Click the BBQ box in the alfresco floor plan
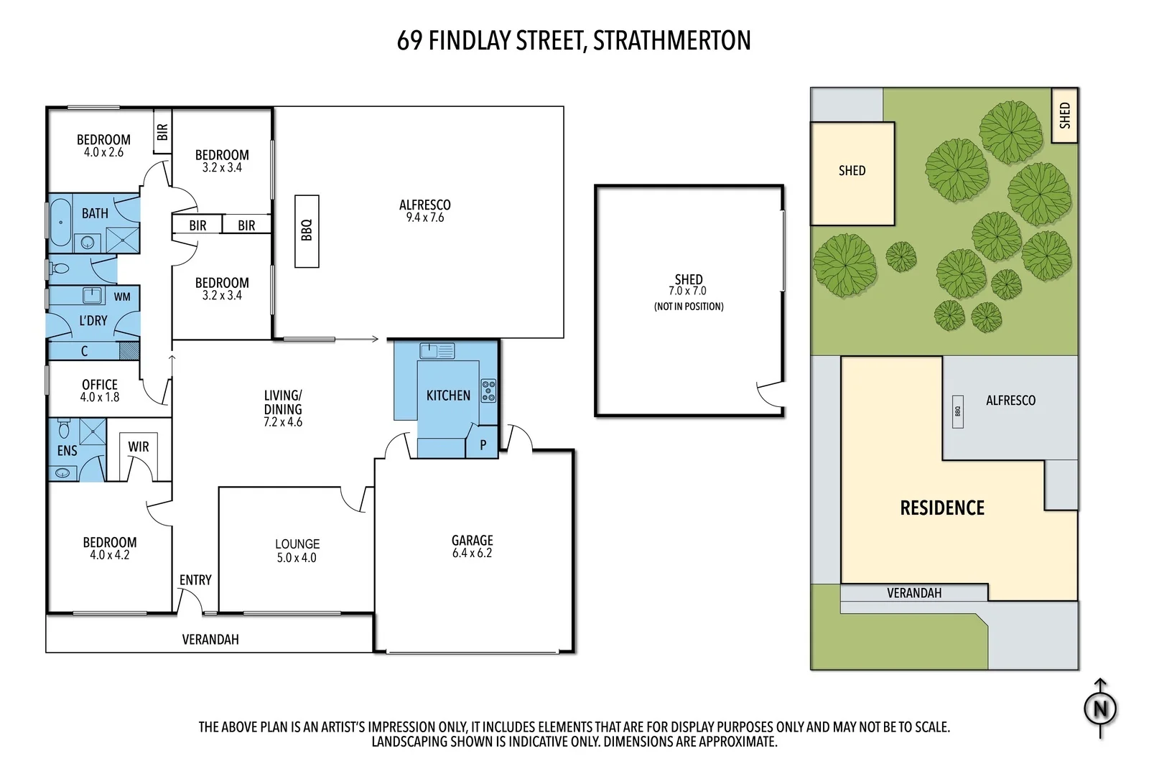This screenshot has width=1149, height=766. pos(307,230)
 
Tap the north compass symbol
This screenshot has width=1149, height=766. pos(1100,709)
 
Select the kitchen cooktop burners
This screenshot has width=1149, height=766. pos(488,391)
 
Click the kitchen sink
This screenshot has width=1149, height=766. pos(429,351)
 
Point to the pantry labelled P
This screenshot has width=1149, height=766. pos(483,445)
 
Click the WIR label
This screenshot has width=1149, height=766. pos(139,447)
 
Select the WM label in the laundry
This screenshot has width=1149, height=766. pos(122,296)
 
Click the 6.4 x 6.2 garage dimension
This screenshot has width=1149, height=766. pos(472,554)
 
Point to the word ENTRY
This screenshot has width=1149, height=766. pos(195,580)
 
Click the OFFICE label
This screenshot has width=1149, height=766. pos(100,385)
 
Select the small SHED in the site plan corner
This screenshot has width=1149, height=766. pos(1064,116)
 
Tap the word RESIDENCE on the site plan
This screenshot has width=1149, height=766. pos(942,508)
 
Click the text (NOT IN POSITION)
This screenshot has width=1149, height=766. pos(689,307)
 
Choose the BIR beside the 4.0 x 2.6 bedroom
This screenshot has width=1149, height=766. pos(162,131)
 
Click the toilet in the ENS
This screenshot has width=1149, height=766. pos(63,429)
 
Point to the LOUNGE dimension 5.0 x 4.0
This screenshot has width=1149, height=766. pos(297,558)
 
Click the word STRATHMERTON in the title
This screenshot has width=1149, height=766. pos(671,41)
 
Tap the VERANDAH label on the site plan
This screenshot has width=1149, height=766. pos(913,593)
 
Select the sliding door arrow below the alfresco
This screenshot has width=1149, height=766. pos(357,339)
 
